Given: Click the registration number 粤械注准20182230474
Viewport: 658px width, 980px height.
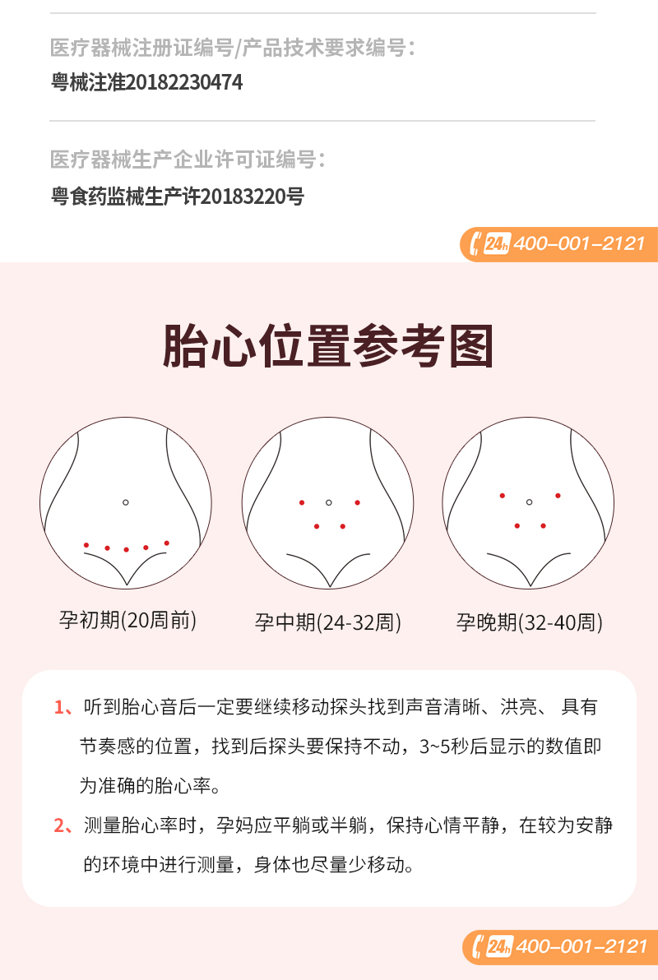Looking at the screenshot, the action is tap(146, 82).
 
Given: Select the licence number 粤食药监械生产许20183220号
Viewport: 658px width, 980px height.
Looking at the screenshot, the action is tap(178, 196).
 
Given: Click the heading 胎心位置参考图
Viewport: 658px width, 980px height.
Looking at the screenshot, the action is tap(328, 345).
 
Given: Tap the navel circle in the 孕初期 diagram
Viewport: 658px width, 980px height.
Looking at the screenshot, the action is tap(126, 502).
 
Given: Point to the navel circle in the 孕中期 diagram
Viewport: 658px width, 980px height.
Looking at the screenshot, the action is tap(329, 502).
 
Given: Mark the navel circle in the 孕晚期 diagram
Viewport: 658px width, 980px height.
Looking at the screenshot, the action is tap(529, 502).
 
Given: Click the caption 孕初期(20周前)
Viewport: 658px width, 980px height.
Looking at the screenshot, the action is tap(127, 620).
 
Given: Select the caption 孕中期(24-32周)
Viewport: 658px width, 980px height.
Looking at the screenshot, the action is tap(327, 622).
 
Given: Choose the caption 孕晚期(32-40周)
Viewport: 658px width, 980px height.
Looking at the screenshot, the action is tap(529, 622).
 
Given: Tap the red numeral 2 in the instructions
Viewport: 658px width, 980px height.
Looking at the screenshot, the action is tap(59, 825).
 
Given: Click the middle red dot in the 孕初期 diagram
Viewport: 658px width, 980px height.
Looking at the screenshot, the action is tap(127, 549).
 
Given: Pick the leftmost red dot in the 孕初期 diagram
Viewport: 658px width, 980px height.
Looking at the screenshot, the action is tap(86, 545).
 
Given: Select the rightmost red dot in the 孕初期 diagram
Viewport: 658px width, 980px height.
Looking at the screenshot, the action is tap(167, 543).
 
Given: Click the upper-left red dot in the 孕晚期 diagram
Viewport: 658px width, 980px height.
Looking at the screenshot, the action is tap(503, 496).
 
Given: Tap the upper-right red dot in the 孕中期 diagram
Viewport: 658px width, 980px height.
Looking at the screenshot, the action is tap(357, 502).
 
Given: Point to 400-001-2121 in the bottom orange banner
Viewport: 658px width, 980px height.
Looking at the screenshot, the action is tap(581, 946).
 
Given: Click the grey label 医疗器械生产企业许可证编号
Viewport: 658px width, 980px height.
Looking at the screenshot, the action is tap(183, 159).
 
